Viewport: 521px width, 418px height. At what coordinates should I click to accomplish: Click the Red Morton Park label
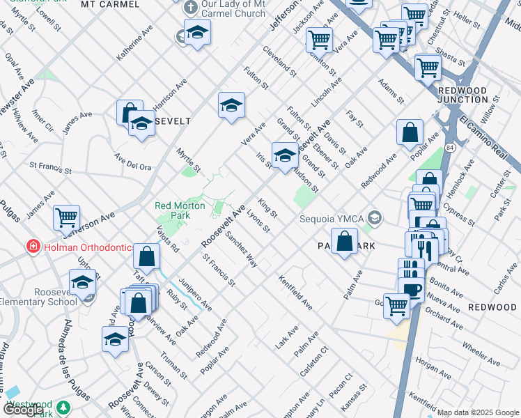coord(180,210)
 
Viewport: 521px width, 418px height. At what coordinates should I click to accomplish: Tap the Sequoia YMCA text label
coord(332,219)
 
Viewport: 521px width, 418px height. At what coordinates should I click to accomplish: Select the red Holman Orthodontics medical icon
coord(32,246)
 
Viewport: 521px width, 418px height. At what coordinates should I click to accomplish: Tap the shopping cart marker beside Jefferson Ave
coord(66,217)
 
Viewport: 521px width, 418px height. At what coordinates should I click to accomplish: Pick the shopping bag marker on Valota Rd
coord(148,256)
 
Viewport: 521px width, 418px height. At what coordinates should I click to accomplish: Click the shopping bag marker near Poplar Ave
coord(410,132)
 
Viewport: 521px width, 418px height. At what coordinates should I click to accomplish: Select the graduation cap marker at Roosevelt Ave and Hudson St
coord(284,155)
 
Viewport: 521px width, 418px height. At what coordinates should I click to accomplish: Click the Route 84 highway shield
coord(451,148)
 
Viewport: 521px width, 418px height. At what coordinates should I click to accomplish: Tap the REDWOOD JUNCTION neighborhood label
coord(462,95)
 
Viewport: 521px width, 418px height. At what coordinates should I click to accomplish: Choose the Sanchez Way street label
coord(242,250)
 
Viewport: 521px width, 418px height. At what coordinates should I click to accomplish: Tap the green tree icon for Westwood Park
coord(64,406)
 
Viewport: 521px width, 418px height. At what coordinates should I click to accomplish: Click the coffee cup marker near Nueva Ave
coord(413,289)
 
